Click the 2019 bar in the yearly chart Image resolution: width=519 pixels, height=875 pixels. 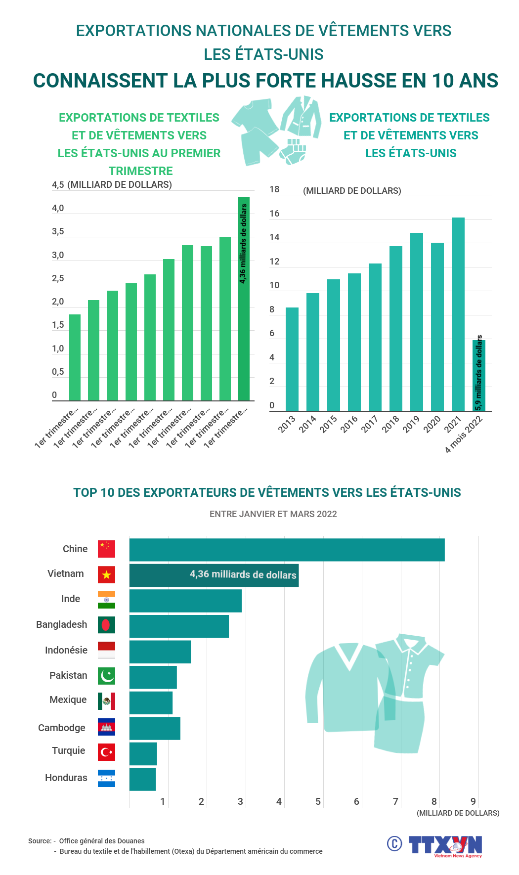tap(416, 321)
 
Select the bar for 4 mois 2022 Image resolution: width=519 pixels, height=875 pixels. tap(478, 376)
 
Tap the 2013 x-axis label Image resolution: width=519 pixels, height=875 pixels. tap(287, 424)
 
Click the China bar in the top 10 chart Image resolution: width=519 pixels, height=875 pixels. tap(287, 550)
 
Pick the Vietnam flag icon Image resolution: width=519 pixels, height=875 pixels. tap(106, 574)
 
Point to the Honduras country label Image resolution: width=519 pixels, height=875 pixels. tap(66, 778)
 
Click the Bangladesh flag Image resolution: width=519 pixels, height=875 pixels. tap(106, 625)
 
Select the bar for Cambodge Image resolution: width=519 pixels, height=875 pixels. tap(155, 728)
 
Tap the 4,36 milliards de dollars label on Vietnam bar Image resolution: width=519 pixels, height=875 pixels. tap(243, 574)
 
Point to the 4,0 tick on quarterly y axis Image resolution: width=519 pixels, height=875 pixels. tap(58, 208)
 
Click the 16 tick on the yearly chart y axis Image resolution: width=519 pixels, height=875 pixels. tap(274, 214)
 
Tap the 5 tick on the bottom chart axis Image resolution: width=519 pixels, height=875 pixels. tap(318, 801)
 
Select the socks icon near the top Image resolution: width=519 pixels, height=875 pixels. tap(294, 151)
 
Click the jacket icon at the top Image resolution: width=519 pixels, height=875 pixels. tap(302, 118)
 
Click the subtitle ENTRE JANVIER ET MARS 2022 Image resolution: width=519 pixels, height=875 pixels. tap(273, 514)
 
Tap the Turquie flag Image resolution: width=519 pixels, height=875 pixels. tap(106, 752)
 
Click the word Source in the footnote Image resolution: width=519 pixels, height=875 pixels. tap(39, 841)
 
